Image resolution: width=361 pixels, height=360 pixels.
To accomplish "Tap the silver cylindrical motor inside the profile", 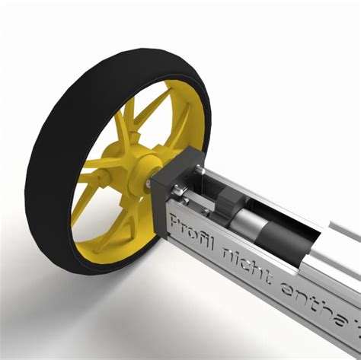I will (251, 225).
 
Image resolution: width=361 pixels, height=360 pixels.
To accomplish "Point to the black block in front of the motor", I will (227, 204).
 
